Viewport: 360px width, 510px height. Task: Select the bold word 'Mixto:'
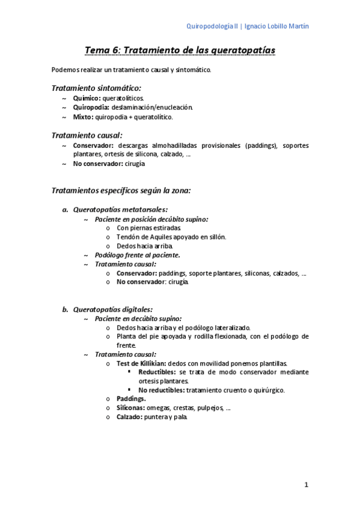coord(84,117)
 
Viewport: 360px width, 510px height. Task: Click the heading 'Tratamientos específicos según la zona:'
coord(121,191)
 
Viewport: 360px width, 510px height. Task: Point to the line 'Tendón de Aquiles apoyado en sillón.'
coord(171,237)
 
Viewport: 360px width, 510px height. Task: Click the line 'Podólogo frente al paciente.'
coord(138,255)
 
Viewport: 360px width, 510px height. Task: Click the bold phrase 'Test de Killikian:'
coord(142,363)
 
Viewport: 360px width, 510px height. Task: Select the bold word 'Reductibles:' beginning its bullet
coord(157,372)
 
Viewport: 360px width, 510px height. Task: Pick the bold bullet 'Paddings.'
coord(131,398)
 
